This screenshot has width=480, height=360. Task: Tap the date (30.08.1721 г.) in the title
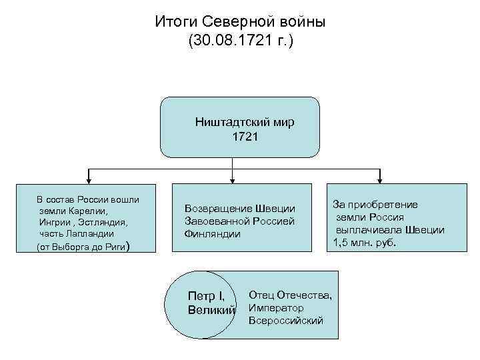pyautogui.click(x=240, y=42)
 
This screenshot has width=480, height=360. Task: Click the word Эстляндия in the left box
pyautogui.click(x=107, y=222)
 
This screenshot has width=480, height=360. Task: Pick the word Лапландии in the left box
pyautogui.click(x=93, y=234)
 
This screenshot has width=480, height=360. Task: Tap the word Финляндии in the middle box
pyautogui.click(x=213, y=234)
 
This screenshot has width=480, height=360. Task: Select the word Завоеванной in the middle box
pyautogui.click(x=214, y=221)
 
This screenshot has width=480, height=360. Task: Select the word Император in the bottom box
pyautogui.click(x=275, y=308)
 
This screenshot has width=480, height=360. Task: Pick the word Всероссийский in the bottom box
pyautogui.click(x=285, y=321)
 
